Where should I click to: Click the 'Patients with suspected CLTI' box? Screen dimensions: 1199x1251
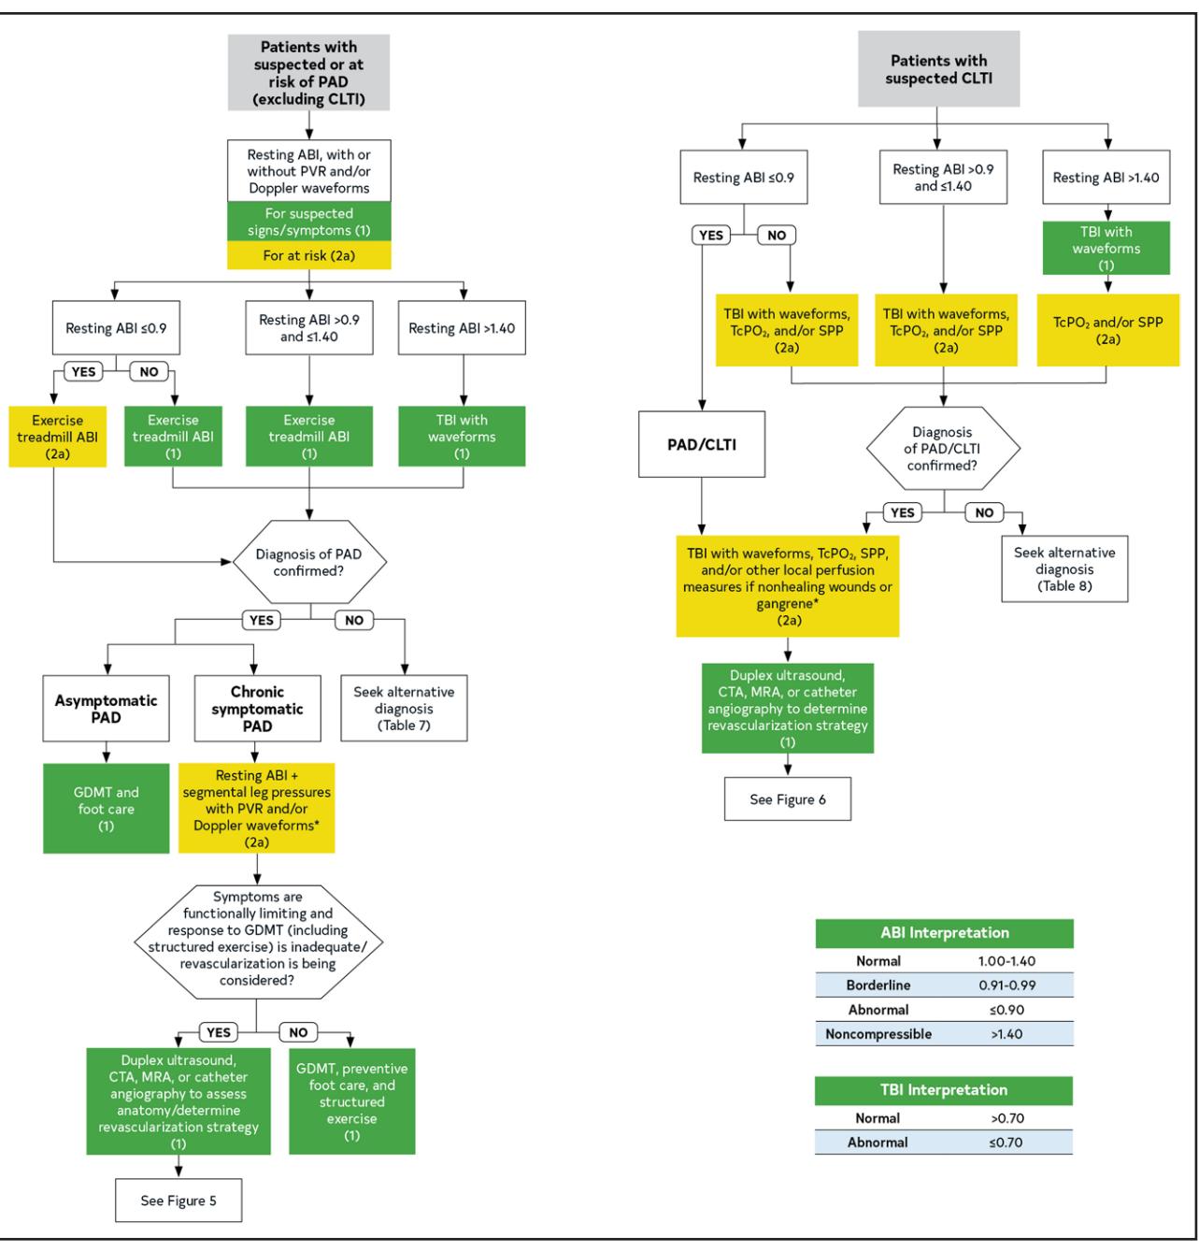[938, 69]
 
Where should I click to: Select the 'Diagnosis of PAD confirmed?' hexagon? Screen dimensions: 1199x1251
[309, 562]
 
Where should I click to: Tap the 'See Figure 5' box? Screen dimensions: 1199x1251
[178, 1201]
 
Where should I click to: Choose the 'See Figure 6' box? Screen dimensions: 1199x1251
[787, 799]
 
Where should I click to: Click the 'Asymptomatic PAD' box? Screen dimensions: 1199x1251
[106, 709]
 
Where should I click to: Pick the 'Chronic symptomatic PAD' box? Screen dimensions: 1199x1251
[257, 709]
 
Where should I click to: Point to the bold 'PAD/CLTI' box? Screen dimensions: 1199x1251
[702, 444]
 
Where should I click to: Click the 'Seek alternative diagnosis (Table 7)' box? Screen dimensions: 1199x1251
[404, 709]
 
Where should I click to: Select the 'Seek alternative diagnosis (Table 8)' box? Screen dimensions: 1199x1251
[1064, 568]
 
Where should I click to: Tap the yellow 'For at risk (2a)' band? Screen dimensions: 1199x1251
[309, 255]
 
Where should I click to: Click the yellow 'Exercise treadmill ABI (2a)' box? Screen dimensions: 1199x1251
[57, 437]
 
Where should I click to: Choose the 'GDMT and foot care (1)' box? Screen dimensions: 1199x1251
[106, 809]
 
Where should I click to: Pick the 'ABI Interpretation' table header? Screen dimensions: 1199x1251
[945, 933]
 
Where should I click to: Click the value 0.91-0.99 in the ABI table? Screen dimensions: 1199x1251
[1006, 985]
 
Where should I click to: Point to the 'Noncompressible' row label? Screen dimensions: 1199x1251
[878, 1034]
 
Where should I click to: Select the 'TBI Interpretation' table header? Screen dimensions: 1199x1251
[944, 1090]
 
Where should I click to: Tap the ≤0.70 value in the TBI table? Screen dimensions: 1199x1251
[1006, 1143]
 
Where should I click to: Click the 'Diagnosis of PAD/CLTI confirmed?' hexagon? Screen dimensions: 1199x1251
[943, 448]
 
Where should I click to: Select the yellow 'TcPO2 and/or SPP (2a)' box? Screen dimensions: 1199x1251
[1107, 330]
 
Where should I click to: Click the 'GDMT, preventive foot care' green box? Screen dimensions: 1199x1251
[352, 1101]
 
